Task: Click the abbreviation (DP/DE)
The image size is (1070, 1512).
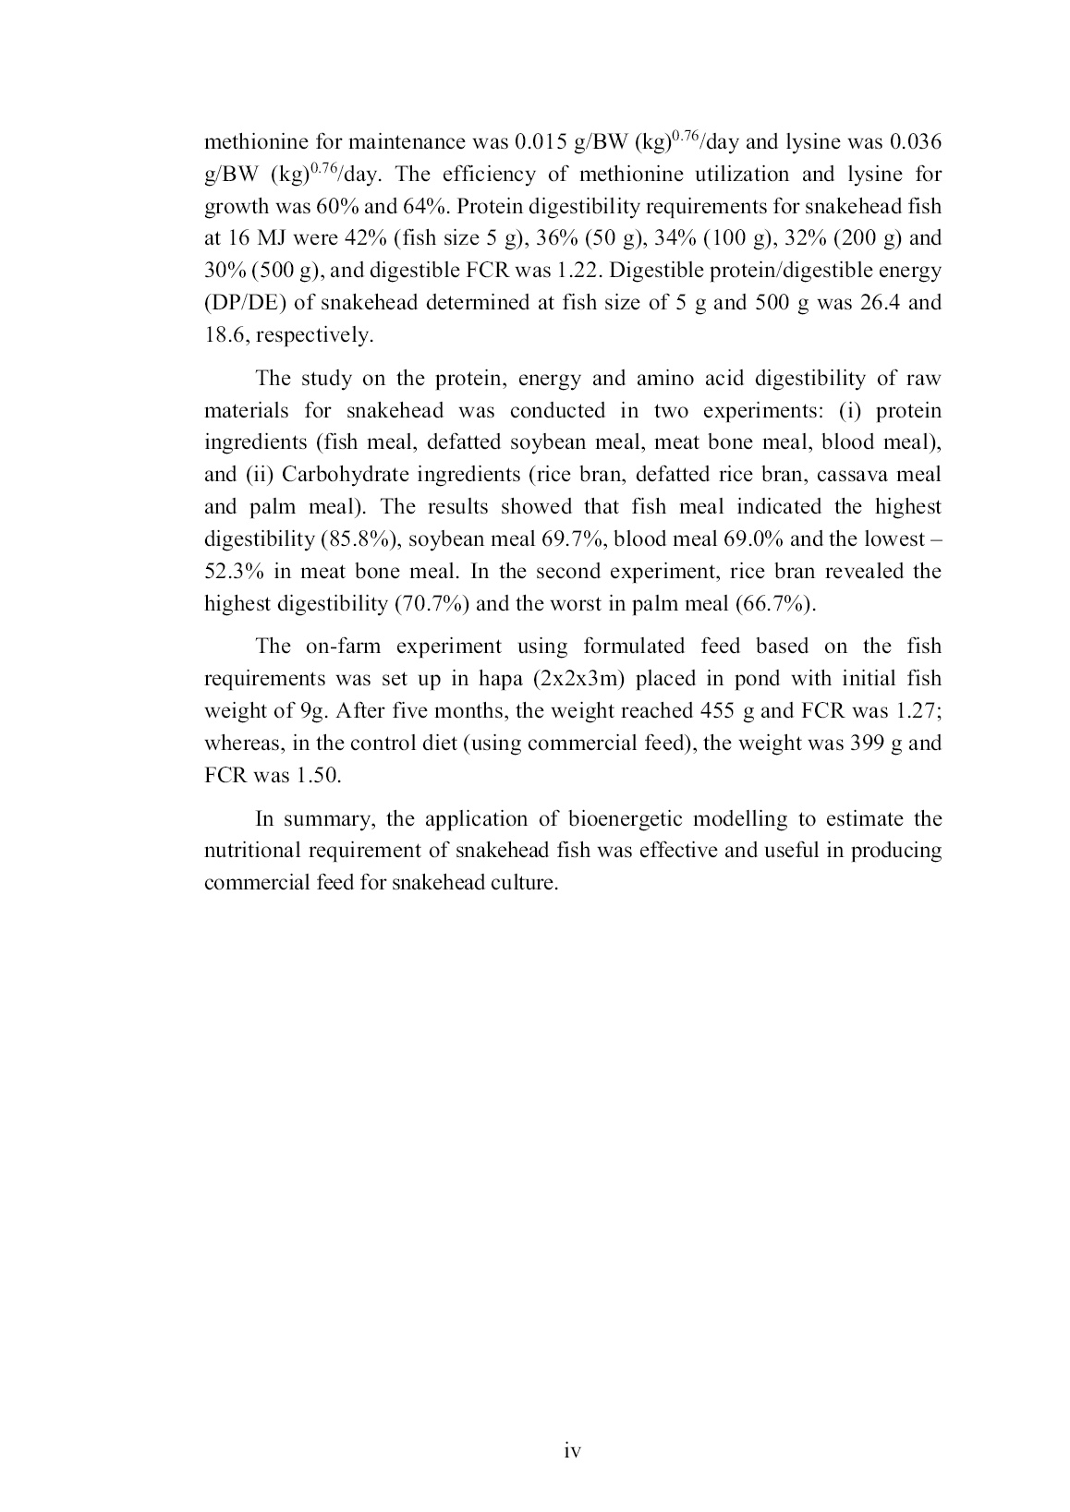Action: [245, 303]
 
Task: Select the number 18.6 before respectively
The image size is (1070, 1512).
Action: [225, 335]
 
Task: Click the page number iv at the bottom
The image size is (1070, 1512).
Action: [572, 1452]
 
